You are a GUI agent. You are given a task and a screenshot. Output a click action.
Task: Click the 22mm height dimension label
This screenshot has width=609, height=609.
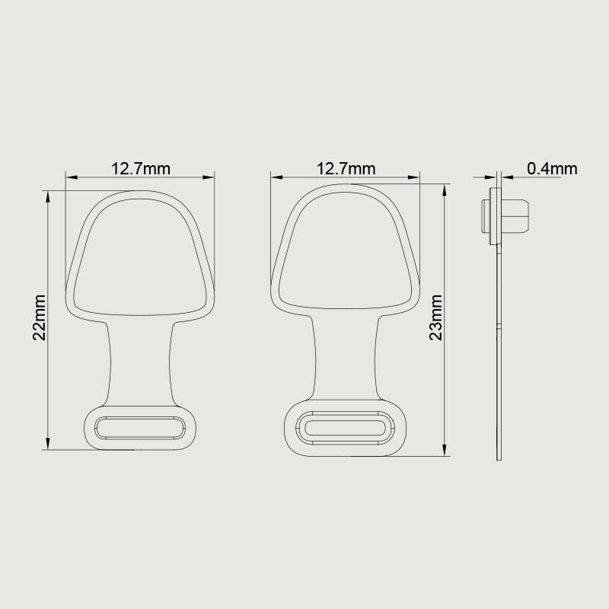tap(40, 317)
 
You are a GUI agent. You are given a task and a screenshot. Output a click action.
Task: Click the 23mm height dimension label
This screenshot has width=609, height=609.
tap(435, 317)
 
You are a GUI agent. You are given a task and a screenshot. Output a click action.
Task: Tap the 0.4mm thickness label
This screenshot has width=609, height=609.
tap(553, 168)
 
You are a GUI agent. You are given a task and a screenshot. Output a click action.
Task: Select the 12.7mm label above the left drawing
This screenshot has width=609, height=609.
tap(141, 168)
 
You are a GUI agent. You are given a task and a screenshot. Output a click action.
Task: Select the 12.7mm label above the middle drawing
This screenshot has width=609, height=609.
tap(346, 168)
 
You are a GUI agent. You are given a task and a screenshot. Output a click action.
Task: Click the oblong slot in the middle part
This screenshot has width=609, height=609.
tap(346, 427)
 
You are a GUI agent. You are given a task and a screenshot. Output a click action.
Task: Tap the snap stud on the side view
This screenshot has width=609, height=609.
tap(505, 216)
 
